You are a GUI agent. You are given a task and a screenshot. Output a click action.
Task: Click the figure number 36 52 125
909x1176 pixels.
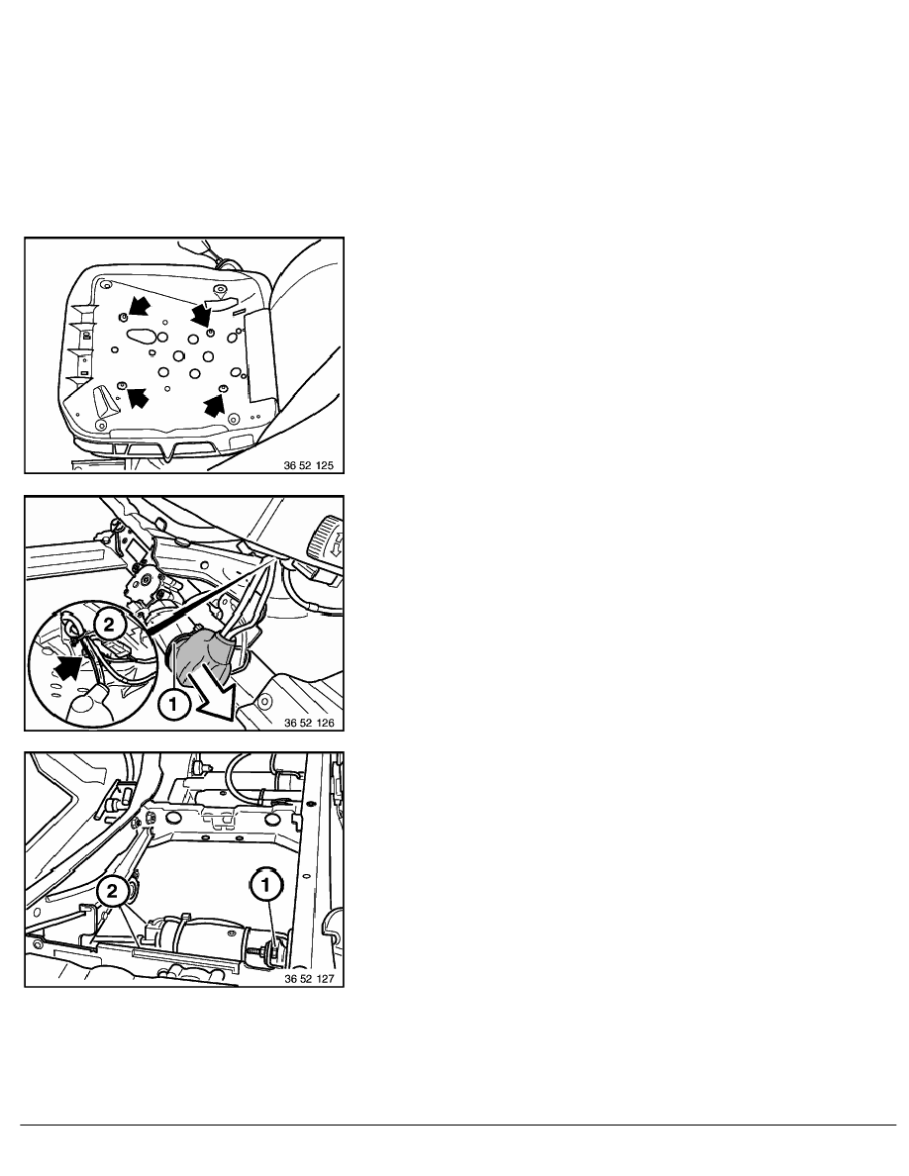(x=308, y=466)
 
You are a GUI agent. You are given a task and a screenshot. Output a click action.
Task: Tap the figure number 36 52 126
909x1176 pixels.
(x=309, y=723)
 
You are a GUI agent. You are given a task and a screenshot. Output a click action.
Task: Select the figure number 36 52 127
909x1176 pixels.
(x=309, y=979)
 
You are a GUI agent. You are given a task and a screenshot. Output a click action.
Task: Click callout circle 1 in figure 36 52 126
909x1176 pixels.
(x=173, y=704)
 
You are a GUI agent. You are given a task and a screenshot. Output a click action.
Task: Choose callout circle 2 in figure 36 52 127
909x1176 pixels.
(x=113, y=892)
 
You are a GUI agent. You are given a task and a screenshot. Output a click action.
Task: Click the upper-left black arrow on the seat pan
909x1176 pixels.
(x=138, y=306)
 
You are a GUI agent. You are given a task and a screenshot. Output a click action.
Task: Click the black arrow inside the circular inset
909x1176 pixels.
(x=68, y=666)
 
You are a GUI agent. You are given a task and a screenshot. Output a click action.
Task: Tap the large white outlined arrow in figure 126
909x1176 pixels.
(x=217, y=692)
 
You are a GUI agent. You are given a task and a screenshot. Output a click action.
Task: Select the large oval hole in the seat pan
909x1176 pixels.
(x=142, y=334)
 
